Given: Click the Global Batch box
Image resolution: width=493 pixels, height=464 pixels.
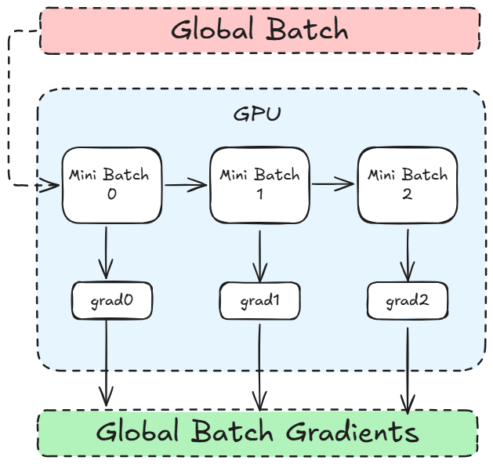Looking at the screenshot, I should [x=259, y=31].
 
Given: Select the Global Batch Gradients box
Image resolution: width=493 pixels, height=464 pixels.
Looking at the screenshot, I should [x=258, y=433].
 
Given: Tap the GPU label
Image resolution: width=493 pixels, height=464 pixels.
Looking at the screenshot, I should [x=257, y=113].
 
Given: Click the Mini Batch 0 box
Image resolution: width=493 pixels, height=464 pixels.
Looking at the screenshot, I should [x=112, y=184].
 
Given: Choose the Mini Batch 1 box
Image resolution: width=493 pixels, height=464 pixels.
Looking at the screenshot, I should [x=259, y=185].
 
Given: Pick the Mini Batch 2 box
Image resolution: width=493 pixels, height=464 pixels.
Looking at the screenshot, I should [x=407, y=185].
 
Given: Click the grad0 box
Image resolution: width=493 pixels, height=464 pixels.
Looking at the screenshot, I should [x=112, y=299].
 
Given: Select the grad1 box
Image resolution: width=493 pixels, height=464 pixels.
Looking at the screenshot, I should [x=259, y=299].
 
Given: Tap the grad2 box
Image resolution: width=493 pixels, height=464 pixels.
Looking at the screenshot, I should [x=407, y=299].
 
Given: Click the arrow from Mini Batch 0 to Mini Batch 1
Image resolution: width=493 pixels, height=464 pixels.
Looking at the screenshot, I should [x=186, y=186].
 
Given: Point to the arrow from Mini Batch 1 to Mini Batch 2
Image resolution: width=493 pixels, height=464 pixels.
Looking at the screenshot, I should [x=333, y=185].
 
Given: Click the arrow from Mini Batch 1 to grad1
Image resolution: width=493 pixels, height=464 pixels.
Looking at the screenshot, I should [x=259, y=252].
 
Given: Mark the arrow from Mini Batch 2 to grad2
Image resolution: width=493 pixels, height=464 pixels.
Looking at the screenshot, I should [x=407, y=252].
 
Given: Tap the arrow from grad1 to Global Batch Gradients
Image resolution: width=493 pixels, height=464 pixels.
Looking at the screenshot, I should [x=259, y=364].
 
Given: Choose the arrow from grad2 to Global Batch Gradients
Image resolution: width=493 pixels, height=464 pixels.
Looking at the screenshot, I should [x=408, y=365].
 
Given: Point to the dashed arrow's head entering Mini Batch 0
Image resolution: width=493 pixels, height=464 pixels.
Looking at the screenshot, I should [x=53, y=186].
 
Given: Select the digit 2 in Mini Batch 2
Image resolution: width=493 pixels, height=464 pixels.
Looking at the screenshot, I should [x=407, y=194].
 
